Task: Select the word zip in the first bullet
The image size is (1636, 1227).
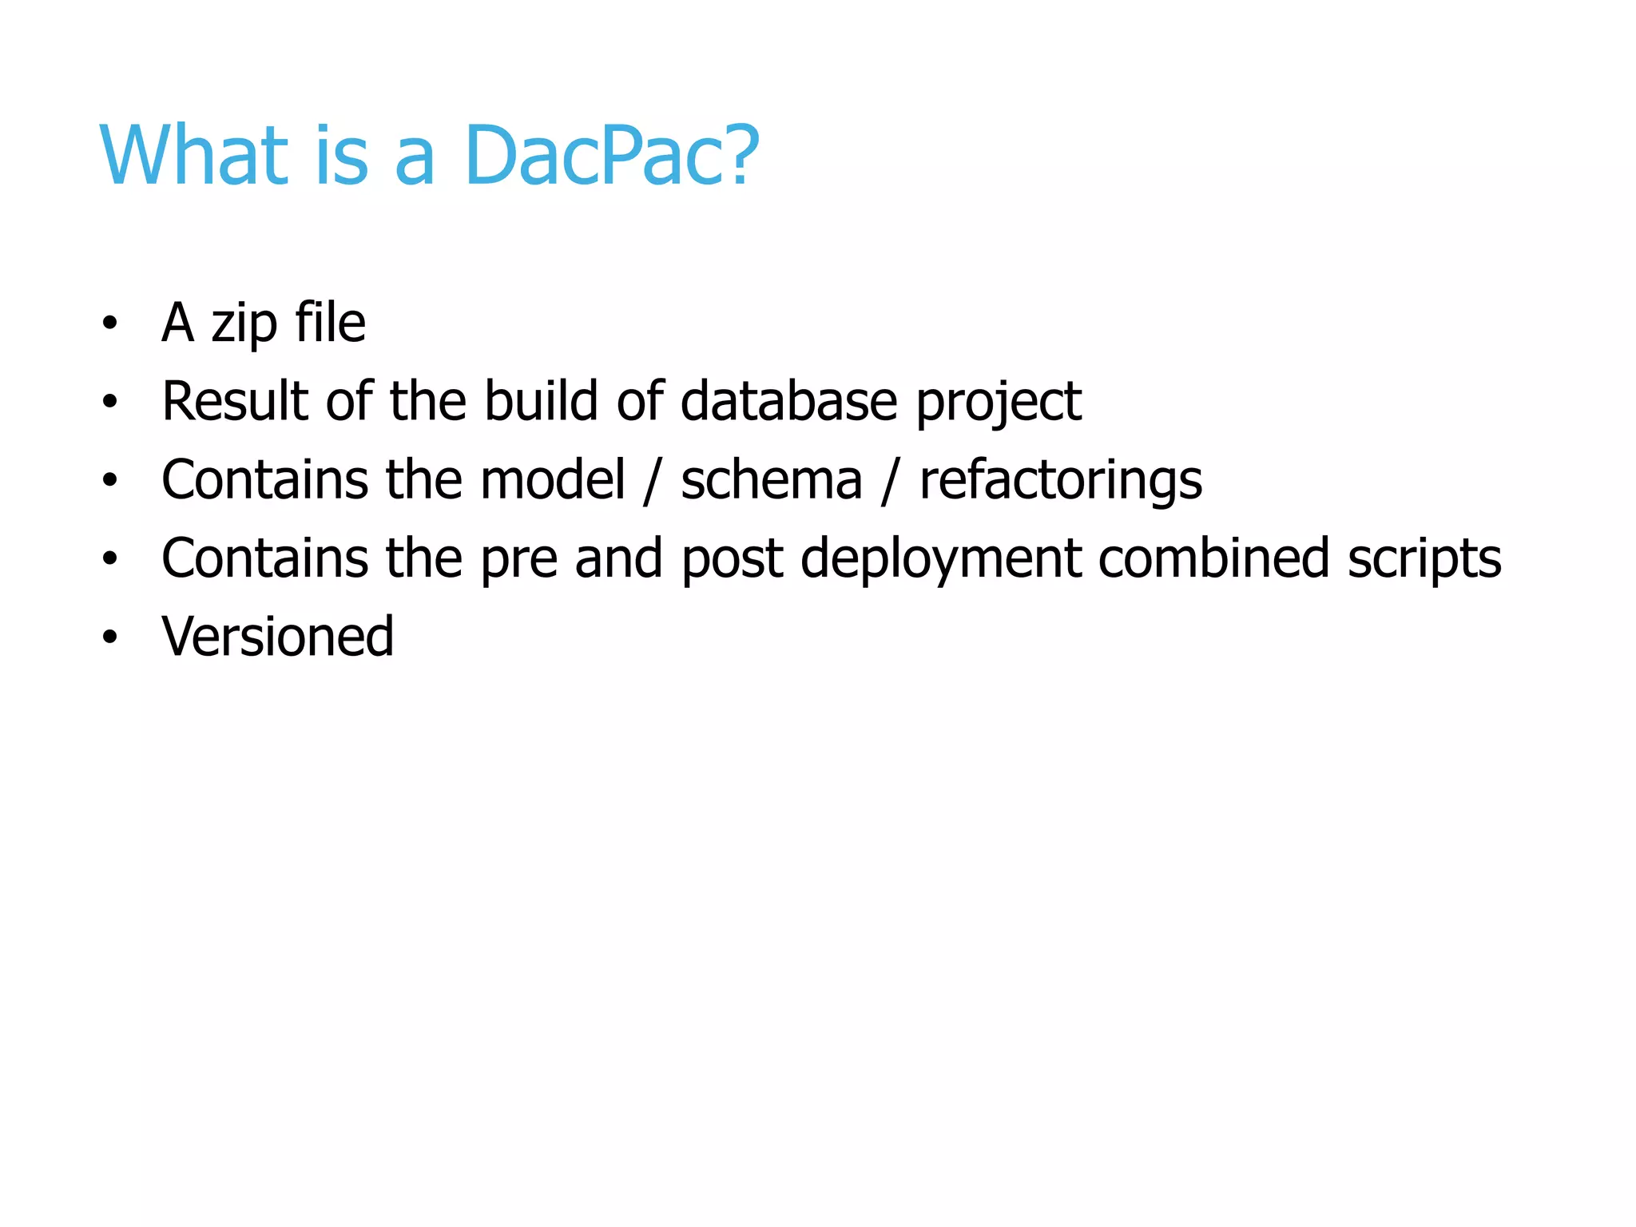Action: pos(244,324)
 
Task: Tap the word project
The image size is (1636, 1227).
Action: pos(998,402)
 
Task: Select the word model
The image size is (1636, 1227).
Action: pos(553,479)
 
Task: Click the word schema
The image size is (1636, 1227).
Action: pos(771,479)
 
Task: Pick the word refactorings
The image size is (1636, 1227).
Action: pos(1060,481)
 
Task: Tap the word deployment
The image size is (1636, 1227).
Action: pos(940,558)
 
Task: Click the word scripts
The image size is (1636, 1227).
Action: pos(1424,558)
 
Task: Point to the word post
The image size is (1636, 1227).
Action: pos(731,558)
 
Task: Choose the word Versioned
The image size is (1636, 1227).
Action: pos(277,636)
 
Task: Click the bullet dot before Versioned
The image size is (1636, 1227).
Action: pos(110,637)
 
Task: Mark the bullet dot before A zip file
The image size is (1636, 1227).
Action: pos(110,324)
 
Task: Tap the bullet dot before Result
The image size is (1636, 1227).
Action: pos(110,402)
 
